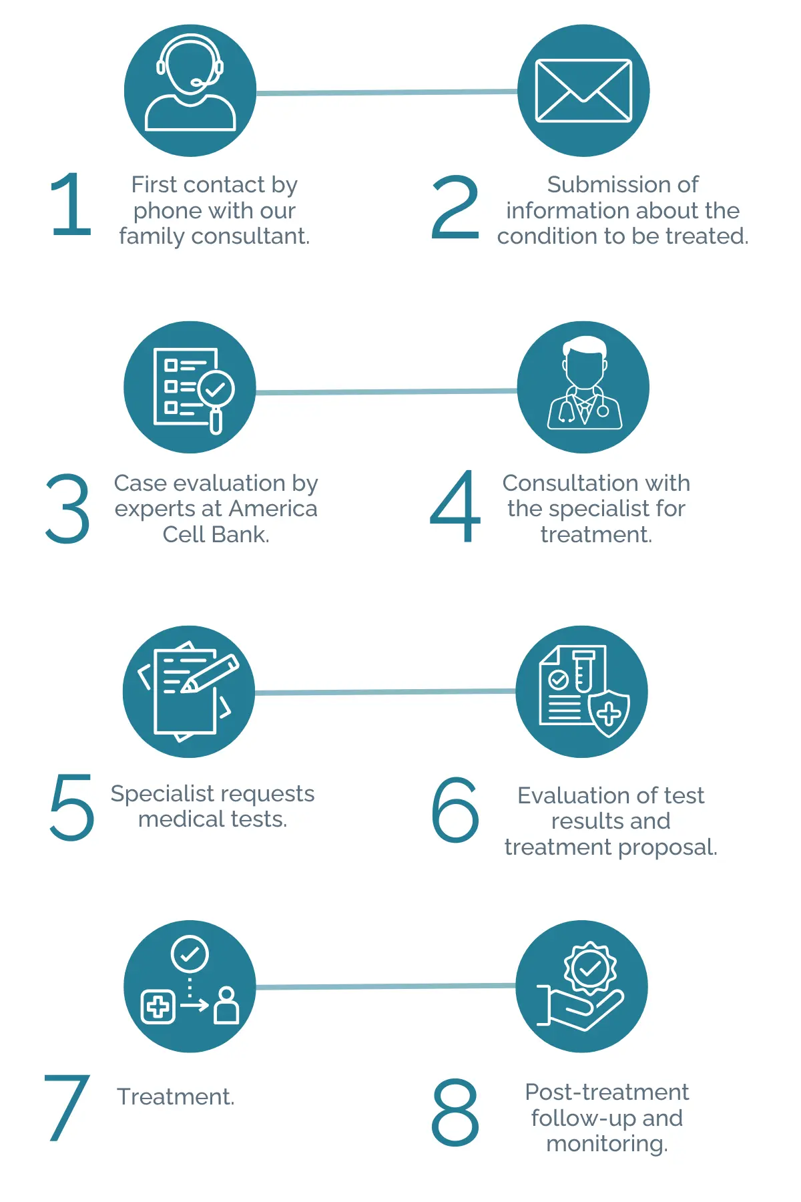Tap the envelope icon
coord(583,91)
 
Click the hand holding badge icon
coord(580,986)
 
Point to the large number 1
coord(71,204)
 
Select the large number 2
coord(455,207)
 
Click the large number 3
coord(67,509)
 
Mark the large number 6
coord(455,809)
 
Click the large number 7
coord(67,1107)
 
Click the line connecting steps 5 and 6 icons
coord(386,692)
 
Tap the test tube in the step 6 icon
coord(583,672)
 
